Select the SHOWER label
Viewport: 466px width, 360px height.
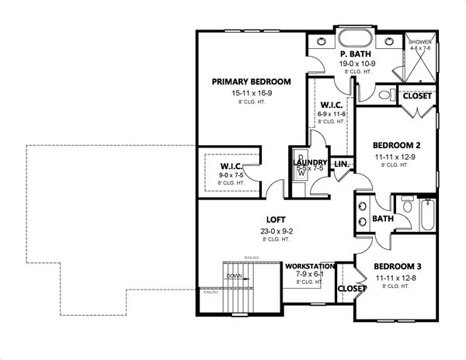[x=420, y=42]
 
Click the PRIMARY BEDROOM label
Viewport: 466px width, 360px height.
[x=251, y=81]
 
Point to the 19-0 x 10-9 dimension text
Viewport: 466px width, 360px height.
[x=357, y=64]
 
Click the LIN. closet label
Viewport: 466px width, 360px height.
[x=340, y=164]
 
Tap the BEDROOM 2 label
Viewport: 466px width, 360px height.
[x=396, y=145]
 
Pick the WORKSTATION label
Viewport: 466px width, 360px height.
[x=311, y=266]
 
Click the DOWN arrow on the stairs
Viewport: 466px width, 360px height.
[x=235, y=275]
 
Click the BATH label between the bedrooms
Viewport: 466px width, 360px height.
[x=382, y=220]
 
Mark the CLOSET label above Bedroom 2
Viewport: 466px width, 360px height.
[x=418, y=97]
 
